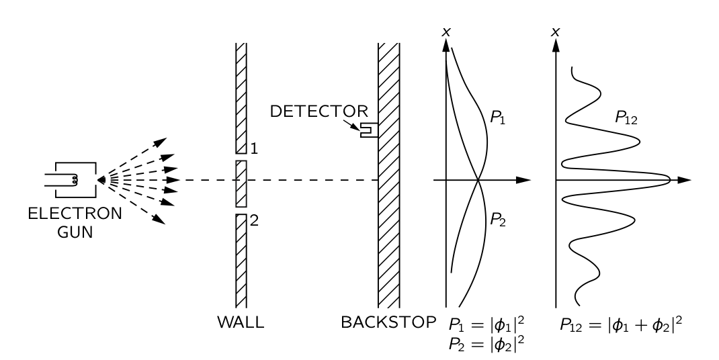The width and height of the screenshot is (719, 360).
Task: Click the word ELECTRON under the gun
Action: point(75,214)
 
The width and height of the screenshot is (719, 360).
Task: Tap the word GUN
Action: point(75,232)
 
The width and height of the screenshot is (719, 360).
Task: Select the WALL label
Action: point(241,322)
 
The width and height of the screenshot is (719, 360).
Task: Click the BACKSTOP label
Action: point(388,322)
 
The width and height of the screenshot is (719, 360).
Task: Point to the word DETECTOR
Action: point(319,111)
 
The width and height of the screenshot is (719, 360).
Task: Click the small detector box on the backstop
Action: point(369,130)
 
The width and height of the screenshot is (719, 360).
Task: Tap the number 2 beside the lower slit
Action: point(254,220)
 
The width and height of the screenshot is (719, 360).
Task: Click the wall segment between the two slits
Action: point(241,183)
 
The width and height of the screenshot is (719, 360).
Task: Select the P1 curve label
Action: point(497,118)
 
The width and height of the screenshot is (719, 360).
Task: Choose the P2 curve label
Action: point(497,220)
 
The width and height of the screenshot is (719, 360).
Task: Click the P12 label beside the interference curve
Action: point(626,118)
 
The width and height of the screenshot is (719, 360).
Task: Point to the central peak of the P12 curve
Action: point(670,180)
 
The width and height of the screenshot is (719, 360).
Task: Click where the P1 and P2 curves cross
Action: point(478,180)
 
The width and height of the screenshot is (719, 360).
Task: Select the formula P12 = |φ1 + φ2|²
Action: point(621,324)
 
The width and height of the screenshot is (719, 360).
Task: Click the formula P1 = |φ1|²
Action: point(487,324)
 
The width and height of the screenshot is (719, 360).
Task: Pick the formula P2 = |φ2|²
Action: point(487,345)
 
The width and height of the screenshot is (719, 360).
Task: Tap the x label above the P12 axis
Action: point(556,32)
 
